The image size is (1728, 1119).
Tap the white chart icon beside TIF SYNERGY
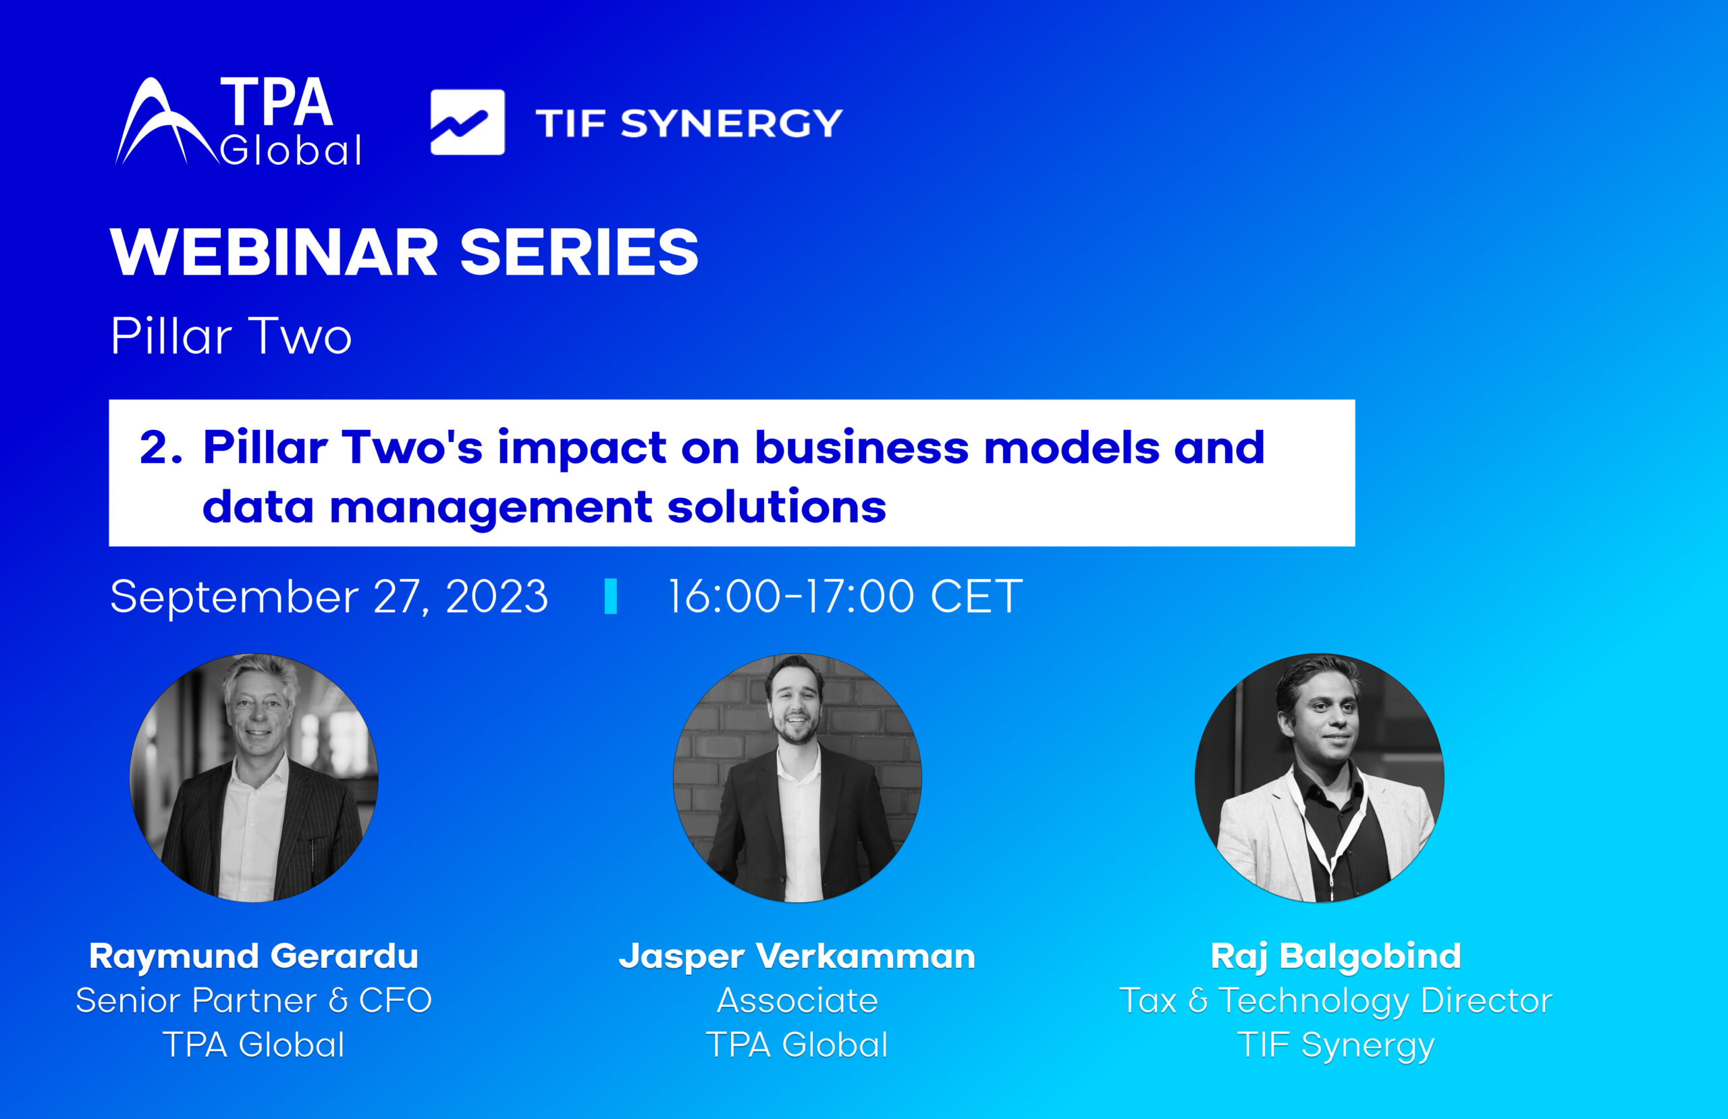point(467,122)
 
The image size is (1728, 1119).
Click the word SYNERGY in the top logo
point(731,124)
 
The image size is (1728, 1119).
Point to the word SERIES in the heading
point(578,252)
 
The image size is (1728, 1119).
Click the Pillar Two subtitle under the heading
point(231,336)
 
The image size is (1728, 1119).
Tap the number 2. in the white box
point(161,447)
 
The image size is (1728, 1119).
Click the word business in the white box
point(861,447)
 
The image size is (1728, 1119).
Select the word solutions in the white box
point(776,506)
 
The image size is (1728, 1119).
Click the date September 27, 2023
point(328,596)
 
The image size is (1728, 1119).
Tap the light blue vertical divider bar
point(611,596)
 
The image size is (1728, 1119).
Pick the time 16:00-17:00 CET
point(844,596)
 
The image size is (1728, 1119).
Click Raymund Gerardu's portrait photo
point(253,777)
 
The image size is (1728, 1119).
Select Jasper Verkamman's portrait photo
point(797,777)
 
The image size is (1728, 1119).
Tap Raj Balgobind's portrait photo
point(1319,777)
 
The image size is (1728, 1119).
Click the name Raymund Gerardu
point(253,956)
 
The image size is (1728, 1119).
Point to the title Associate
point(797,1001)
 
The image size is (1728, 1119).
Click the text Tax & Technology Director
point(1336,1001)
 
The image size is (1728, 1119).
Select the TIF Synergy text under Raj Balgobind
point(1336,1045)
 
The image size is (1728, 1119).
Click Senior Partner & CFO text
point(253,1001)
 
